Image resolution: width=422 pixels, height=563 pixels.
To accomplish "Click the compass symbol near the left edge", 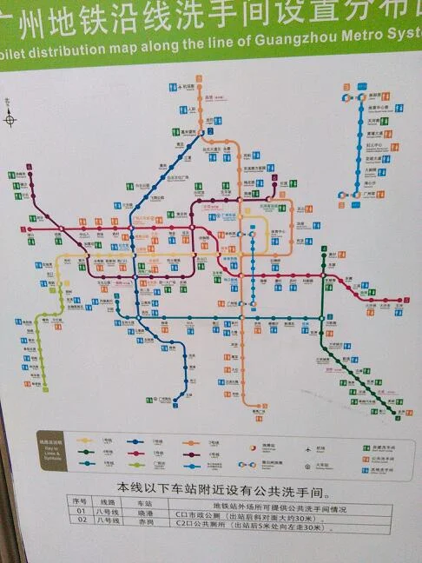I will point(10,119).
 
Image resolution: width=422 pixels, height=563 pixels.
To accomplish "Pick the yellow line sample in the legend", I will point(84,440).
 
